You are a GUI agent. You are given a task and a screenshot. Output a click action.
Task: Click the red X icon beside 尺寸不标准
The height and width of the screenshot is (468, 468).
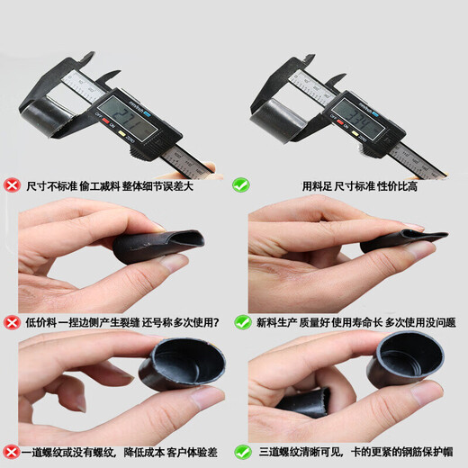coord(12,185)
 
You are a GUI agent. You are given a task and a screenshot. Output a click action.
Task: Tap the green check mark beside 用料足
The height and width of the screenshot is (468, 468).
coord(241,185)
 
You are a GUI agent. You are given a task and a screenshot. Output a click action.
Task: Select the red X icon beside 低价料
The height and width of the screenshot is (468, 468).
coord(12,321)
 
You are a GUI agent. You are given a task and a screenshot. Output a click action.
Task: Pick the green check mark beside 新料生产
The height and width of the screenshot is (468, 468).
coord(242,321)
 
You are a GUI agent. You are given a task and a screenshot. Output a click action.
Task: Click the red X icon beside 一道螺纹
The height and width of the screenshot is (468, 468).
coord(12,451)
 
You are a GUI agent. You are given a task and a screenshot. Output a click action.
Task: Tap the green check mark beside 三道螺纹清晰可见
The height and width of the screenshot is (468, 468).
coord(242,451)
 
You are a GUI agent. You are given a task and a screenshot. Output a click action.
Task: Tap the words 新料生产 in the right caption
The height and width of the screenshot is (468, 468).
coord(273,321)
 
